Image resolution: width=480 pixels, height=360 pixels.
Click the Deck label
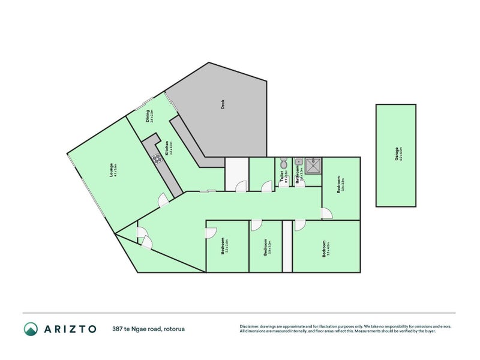(x=223, y=104)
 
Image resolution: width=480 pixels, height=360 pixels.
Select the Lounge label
(x=112, y=172)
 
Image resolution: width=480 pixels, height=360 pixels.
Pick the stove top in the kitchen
(x=157, y=159)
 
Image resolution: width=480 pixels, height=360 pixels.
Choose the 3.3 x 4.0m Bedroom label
(x=325, y=248)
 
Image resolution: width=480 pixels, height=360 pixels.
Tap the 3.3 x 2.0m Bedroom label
(x=266, y=248)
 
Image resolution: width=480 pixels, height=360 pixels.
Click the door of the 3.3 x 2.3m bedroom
(x=326, y=213)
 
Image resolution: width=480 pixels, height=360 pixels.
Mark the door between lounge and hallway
(x=163, y=201)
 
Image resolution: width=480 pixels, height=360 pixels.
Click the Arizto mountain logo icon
(x=31, y=329)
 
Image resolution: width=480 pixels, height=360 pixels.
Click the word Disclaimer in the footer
(x=251, y=326)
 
